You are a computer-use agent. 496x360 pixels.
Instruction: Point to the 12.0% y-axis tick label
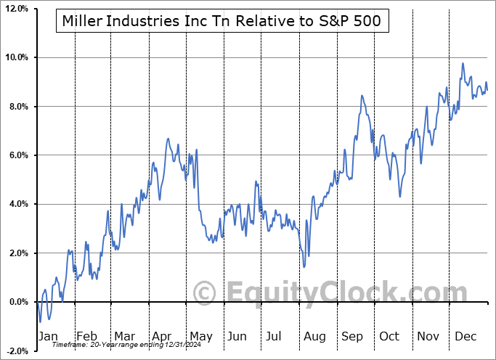(16, 9)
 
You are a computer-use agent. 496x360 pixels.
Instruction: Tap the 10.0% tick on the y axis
(16, 57)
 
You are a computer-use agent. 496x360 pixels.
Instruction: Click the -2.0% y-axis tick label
(16, 351)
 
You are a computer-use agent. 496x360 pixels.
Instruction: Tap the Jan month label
(48, 336)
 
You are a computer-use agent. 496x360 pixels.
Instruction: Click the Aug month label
(314, 336)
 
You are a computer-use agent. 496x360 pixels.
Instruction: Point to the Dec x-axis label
(465, 336)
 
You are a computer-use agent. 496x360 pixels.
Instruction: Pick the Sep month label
(352, 336)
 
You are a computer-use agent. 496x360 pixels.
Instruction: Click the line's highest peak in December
(463, 63)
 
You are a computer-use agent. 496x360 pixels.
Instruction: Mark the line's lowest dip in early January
(41, 321)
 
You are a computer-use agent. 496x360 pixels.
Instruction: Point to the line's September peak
(361, 95)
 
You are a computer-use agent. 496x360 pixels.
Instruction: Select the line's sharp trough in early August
(304, 266)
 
